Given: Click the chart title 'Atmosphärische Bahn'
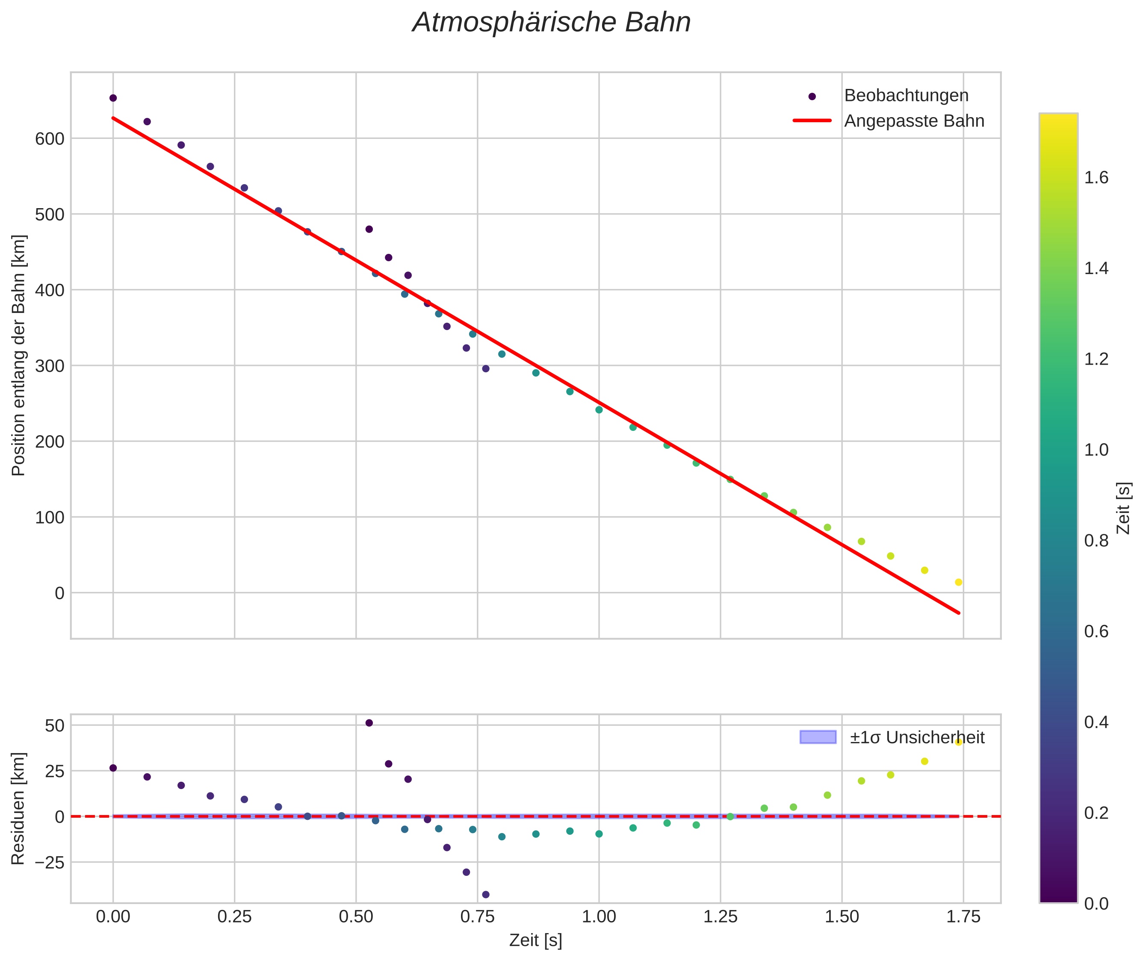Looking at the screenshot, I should [551, 23].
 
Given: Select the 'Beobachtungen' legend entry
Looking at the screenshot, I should [906, 96].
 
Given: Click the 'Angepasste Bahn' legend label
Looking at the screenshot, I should [914, 121].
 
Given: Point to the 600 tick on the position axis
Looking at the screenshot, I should [50, 139].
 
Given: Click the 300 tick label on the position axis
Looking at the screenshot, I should [50, 366].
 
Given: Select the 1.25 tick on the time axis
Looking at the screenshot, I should [721, 917].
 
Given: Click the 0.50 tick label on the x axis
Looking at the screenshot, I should [356, 917].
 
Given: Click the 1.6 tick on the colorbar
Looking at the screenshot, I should [1096, 178].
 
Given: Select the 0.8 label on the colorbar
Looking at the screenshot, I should [1096, 540].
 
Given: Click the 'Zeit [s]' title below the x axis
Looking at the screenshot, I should [535, 940].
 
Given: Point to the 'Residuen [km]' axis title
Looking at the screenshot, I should [18, 808].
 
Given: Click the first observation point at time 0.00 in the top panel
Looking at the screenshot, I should [113, 98].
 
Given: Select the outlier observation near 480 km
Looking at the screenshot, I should [369, 229].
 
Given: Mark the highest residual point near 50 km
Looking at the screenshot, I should [369, 723].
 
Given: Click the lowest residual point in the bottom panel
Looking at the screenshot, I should [486, 894].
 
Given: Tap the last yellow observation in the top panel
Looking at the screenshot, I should [958, 582].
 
